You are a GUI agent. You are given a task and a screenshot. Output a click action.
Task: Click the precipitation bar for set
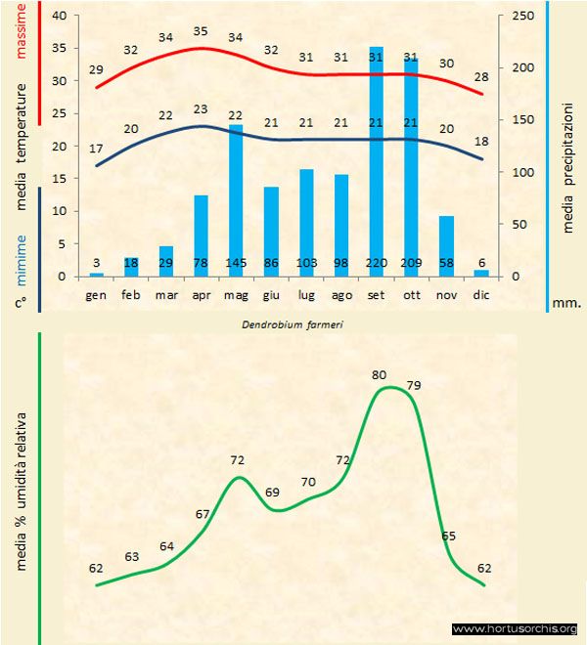[376, 156]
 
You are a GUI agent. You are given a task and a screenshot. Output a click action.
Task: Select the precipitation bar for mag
[236, 195]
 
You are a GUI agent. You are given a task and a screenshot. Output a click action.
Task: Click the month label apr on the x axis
[201, 293]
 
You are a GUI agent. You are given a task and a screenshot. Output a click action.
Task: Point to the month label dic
[481, 293]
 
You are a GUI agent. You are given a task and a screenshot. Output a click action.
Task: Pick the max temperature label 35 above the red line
[201, 31]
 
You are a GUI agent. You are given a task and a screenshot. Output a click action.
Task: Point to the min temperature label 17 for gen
[96, 149]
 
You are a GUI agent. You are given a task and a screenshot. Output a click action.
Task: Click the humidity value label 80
[380, 374]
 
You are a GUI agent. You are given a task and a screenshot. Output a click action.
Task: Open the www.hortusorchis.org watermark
[516, 628]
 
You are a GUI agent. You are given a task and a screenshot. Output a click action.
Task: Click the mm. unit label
[566, 303]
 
